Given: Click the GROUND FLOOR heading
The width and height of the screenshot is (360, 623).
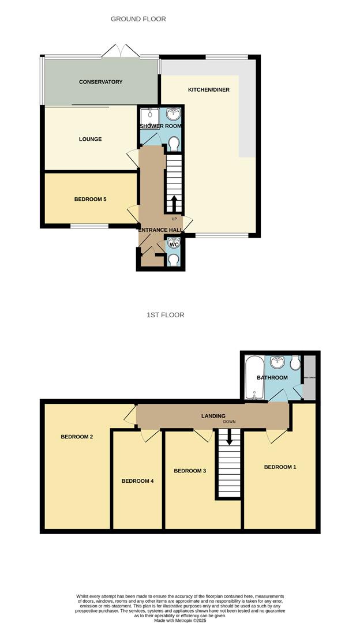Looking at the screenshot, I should coord(138,19).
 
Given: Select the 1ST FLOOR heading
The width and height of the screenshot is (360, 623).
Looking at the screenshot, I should coord(165,315).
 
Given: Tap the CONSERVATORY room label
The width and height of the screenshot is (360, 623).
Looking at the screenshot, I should coord(101,82).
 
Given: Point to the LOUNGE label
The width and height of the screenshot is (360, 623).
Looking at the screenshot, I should coord(91,139).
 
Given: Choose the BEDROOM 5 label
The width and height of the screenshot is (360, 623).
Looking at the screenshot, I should coord(91,200).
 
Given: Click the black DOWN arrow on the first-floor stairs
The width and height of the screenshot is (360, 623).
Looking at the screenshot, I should coord(230,438).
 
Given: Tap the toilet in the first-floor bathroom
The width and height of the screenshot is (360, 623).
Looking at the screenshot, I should coord(295,363).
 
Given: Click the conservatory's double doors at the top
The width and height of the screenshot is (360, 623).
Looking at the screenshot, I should coord(121,52).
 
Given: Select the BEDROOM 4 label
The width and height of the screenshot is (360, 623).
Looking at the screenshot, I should coord(137,481).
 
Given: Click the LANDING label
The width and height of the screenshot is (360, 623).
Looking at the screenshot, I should coord(213,416).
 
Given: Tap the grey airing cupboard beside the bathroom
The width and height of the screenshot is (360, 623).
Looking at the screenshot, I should coord(310,378).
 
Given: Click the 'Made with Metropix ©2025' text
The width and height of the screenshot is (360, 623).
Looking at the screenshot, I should coord(180,620).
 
